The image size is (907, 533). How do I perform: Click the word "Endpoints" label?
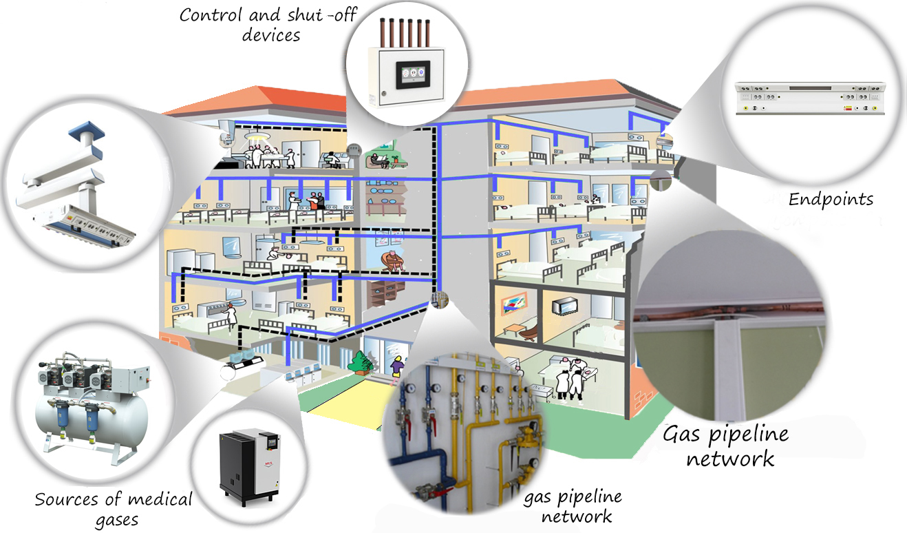coord(831,200)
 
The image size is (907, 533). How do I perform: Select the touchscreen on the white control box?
coord(414,75)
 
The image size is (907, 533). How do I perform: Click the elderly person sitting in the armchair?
coord(392,262)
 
